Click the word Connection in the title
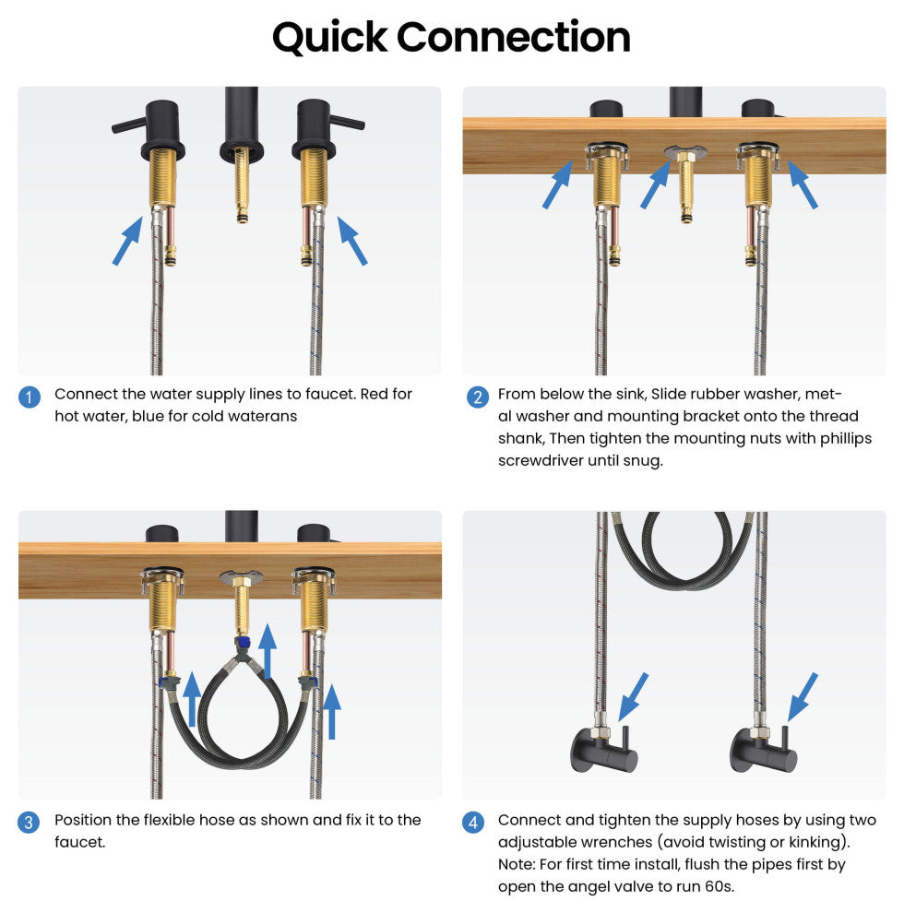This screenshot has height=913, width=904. click(x=513, y=37)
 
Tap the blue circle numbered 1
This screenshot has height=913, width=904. click(x=30, y=397)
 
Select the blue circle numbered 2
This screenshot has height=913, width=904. click(x=478, y=397)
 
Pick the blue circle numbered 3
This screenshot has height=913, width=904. click(x=29, y=823)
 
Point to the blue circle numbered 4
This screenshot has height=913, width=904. click(x=473, y=823)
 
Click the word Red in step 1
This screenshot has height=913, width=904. click(x=374, y=394)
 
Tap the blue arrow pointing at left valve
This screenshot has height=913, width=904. click(x=633, y=697)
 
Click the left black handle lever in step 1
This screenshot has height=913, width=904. click(x=129, y=125)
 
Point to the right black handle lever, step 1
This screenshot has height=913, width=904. click(x=347, y=123)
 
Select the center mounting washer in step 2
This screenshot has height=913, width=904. click(x=685, y=152)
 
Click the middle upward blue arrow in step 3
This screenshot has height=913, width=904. click(x=268, y=651)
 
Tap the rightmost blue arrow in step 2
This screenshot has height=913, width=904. click(x=803, y=184)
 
